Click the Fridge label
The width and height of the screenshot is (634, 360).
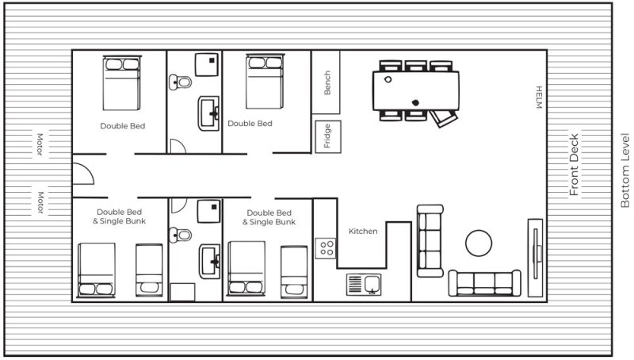[x=327, y=136]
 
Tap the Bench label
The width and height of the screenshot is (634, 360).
[x=327, y=83]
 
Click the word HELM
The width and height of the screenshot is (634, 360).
[x=539, y=98]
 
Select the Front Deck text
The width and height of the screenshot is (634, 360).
[x=574, y=165]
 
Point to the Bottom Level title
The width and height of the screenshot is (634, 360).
[x=625, y=170]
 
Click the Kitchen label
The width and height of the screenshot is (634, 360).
[x=363, y=232]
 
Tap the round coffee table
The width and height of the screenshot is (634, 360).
[x=479, y=243]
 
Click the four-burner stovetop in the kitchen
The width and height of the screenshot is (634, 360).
[x=326, y=248]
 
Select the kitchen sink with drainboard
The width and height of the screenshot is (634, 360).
[x=364, y=285]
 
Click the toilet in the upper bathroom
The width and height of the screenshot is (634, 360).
[x=180, y=82]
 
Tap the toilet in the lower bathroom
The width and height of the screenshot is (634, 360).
[x=180, y=235]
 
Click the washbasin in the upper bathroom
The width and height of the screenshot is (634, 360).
[x=208, y=113]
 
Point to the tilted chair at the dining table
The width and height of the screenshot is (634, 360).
[x=443, y=118]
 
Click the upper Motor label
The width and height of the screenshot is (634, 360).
[x=40, y=144]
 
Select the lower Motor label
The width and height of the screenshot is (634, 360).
[x=40, y=202]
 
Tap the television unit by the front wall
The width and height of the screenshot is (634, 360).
[x=536, y=258]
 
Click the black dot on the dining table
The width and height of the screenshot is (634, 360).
[x=415, y=103]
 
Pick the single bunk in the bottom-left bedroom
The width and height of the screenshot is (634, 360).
[x=149, y=270]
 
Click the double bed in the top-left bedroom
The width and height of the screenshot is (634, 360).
[x=122, y=83]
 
